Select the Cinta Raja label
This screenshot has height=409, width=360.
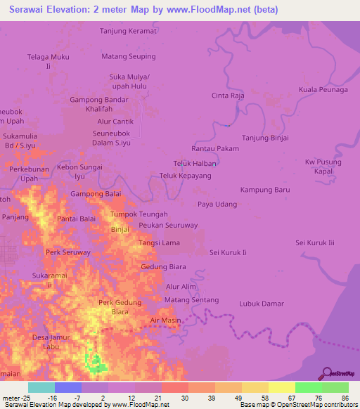pos(228,94)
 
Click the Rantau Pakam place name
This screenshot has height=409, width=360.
pos(215,149)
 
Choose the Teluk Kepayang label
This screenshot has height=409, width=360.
pos(186,175)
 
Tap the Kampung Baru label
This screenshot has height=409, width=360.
pos(265,190)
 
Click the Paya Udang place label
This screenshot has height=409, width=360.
pos(217,204)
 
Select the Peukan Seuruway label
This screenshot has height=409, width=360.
pos(168,225)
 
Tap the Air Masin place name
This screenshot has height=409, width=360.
pos(165,320)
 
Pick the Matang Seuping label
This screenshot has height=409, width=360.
pos(129,56)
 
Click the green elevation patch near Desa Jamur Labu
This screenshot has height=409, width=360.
pos(93,361)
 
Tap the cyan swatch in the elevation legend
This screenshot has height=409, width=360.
pos(41,387)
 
